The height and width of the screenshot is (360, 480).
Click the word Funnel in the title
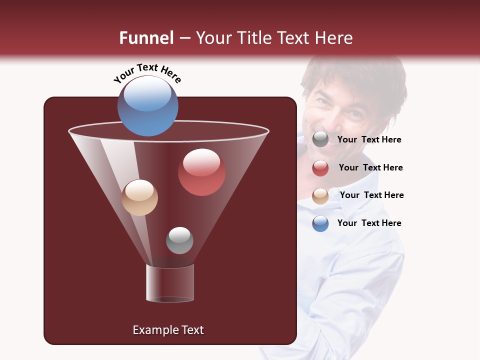[146, 38]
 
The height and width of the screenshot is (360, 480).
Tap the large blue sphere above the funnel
[147, 105]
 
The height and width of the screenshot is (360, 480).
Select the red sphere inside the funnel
[201, 172]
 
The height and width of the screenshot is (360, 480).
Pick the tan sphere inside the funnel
[139, 197]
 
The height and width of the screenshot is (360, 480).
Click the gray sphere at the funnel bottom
[179, 240]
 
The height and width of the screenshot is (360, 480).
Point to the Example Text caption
[168, 330]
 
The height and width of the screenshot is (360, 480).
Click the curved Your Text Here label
[147, 72]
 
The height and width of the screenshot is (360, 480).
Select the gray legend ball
[320, 139]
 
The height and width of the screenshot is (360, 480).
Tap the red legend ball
[320, 168]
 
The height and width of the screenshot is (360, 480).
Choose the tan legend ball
[320, 196]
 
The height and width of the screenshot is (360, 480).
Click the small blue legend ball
[320, 223]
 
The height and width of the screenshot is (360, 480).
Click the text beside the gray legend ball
[369, 140]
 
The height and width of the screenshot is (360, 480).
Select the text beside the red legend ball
[370, 168]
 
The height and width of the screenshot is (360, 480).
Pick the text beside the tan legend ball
[371, 195]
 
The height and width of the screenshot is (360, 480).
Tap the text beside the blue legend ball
[369, 223]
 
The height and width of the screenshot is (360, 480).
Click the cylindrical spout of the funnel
[170, 283]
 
